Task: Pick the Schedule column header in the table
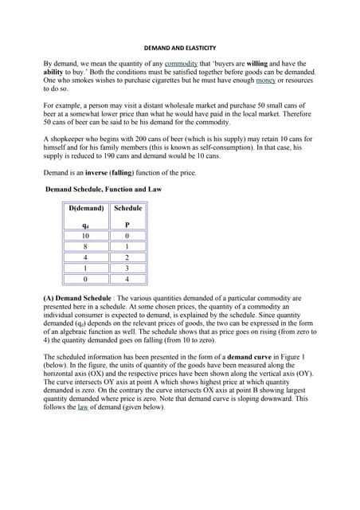pyautogui.click(x=127, y=209)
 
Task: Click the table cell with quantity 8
pyautogui.click(x=86, y=247)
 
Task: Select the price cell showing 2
pyautogui.click(x=127, y=258)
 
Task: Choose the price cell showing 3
pyautogui.click(x=127, y=269)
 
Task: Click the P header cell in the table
pyautogui.click(x=127, y=225)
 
